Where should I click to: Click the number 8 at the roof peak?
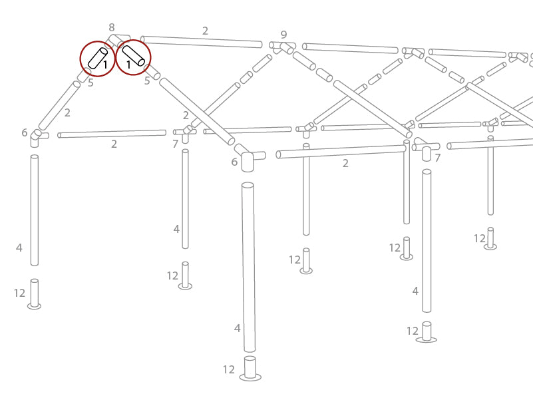click(112, 27)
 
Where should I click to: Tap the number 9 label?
click(284, 35)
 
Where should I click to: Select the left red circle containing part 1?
click(97, 59)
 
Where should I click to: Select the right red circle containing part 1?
click(133, 57)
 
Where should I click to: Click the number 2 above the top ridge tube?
click(205, 31)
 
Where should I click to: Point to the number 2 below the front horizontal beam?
click(345, 163)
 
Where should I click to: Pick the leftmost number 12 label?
click(19, 293)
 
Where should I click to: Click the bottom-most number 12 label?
click(229, 369)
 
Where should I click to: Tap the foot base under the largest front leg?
click(250, 377)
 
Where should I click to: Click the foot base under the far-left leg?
click(34, 305)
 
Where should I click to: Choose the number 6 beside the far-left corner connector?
click(24, 133)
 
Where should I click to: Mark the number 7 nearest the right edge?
click(437, 158)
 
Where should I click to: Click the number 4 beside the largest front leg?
click(237, 328)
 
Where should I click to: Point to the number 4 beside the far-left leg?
click(19, 248)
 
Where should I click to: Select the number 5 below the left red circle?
click(90, 83)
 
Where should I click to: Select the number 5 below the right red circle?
click(147, 81)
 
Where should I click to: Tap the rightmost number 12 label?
click(480, 238)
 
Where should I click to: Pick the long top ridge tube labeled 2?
click(202, 42)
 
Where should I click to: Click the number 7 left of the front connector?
click(175, 144)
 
